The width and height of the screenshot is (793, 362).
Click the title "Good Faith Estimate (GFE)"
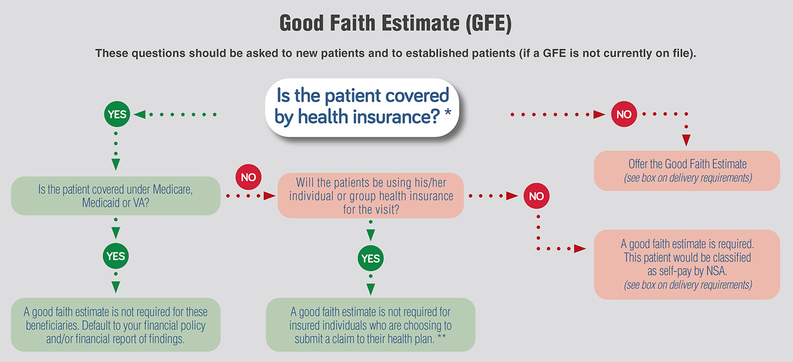point(395,23)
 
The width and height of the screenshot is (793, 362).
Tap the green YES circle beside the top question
point(117,114)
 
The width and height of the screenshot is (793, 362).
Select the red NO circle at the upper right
point(624,114)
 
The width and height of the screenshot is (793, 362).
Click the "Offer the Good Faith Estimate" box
point(687,170)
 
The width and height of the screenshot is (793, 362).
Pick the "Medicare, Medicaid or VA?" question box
point(116,196)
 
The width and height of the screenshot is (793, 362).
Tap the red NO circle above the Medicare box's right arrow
point(248,177)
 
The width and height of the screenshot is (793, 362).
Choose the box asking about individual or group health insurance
point(371,195)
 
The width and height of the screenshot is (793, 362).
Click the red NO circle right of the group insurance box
point(537,196)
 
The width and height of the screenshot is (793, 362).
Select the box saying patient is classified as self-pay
point(687,264)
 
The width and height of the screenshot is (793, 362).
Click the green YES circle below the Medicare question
point(116,256)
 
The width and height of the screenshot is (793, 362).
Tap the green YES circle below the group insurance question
point(371,258)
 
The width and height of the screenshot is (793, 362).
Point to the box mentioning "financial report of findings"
point(116,325)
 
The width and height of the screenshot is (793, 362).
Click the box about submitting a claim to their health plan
point(371,325)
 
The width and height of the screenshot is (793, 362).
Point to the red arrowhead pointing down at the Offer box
point(686,140)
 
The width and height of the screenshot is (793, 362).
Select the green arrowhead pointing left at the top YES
point(140,114)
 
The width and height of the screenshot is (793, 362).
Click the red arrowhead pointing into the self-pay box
point(579,249)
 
